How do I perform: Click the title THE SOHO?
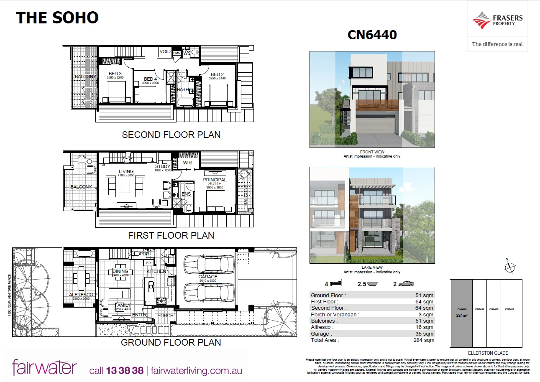coord(57,18)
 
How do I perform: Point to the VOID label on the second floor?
coord(165,52)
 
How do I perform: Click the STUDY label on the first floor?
coord(163,166)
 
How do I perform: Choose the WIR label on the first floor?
coord(187,162)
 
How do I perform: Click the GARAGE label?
coord(208,277)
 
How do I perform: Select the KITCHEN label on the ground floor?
coord(156,272)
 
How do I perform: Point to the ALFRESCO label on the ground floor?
coord(80,295)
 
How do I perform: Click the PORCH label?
coord(165,316)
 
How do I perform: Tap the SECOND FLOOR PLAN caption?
coord(171,135)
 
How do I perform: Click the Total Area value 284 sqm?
coord(423,340)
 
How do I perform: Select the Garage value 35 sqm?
coord(425,334)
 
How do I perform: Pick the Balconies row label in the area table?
coord(324,321)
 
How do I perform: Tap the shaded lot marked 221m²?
coord(461,313)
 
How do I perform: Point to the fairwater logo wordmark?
coord(44,367)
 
